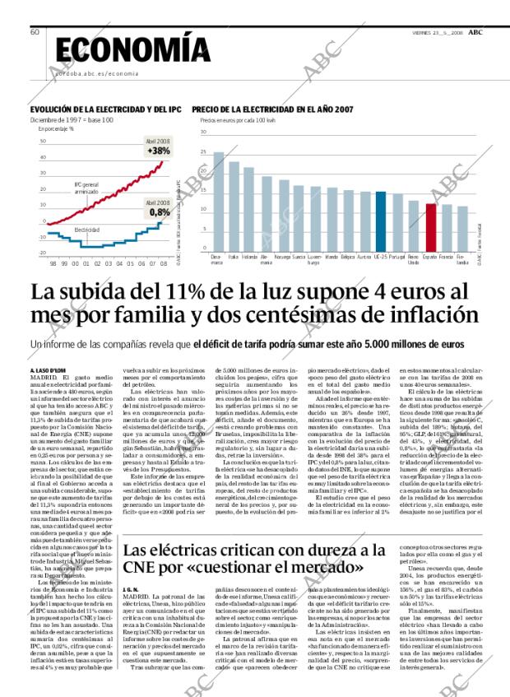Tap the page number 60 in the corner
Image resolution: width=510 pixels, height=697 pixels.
(35, 31)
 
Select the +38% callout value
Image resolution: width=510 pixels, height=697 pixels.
(158, 151)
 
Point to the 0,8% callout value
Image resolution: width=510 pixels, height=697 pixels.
(160, 211)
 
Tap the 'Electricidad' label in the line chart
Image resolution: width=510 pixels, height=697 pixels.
(88, 230)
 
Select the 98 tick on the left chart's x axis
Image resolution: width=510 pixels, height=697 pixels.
(53, 263)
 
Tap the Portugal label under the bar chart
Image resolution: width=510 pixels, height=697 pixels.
(396, 257)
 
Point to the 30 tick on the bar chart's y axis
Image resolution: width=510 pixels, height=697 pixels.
(203, 132)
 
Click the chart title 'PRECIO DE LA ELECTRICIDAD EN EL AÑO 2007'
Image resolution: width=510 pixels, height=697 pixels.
(273, 109)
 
